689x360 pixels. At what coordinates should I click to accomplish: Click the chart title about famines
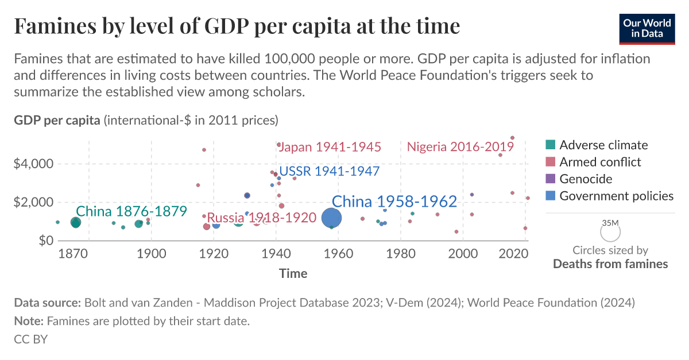[x=237, y=26]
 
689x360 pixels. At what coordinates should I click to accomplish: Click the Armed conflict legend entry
[x=600, y=162]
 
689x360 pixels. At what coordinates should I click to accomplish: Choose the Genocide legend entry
[x=586, y=179]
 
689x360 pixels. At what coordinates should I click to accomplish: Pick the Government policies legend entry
[x=616, y=196]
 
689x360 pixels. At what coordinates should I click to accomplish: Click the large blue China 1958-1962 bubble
[x=332, y=218]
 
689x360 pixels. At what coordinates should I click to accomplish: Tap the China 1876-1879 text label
[x=131, y=211]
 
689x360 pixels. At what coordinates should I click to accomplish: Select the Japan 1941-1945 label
[x=330, y=147]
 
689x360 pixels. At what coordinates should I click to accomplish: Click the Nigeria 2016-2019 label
[x=460, y=147]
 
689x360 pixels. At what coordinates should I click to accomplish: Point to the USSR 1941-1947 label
[x=330, y=171]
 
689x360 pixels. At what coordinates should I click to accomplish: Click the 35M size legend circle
[x=610, y=232]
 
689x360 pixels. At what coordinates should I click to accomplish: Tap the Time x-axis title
[x=293, y=274]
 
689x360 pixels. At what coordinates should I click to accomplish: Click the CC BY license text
[x=30, y=339]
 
